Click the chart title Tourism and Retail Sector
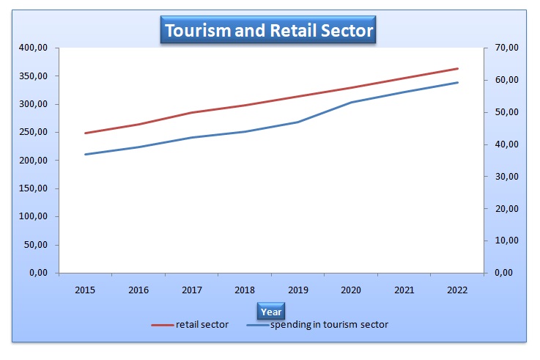pos(269,31)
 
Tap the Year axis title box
pos(270,311)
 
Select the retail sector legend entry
pos(191,325)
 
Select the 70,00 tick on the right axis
pos(506,48)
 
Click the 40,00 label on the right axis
pos(506,144)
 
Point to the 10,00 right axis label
pos(506,240)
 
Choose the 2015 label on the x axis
pos(86,291)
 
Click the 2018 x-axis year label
pos(245,291)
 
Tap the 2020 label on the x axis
pos(352,291)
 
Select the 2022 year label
pos(458,291)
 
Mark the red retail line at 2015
pos(86,133)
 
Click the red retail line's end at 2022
pos(458,68)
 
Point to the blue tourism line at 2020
pos(352,102)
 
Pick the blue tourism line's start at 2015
pos(86,154)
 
